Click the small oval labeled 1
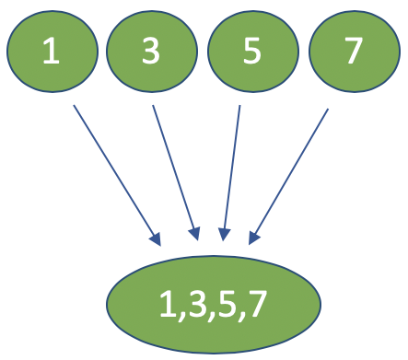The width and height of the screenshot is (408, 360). [52, 51]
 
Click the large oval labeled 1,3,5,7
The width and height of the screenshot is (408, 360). [214, 303]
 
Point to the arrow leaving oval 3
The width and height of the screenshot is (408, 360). [174, 170]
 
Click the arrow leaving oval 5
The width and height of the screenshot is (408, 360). [231, 170]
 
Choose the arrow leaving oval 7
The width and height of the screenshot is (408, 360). [290, 175]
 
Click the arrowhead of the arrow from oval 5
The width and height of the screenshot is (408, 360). [224, 235]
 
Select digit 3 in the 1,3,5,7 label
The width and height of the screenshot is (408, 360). [190, 303]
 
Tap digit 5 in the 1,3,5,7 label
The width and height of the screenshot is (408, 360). [223, 303]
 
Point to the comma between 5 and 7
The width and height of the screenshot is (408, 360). [239, 315]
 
